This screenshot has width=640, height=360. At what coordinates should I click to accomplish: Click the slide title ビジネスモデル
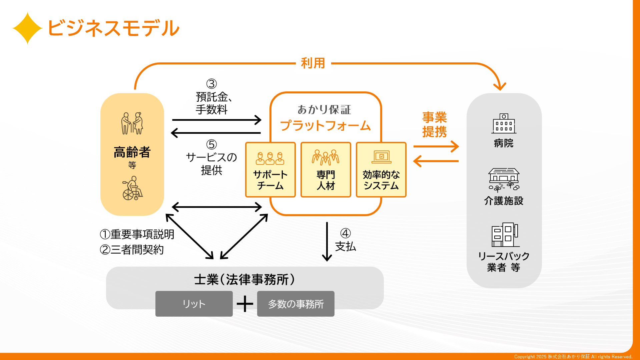113,28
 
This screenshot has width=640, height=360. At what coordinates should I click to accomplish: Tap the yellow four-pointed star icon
27,28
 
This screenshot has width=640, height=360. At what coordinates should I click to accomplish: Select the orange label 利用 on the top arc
313,63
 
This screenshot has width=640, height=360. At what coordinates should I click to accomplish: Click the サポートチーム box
270,170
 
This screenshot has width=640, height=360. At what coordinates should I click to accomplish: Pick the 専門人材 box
326,170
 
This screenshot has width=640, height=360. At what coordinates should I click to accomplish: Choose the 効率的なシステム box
381,170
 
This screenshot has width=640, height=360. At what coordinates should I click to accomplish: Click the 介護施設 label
504,201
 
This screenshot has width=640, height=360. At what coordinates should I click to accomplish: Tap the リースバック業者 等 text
504,262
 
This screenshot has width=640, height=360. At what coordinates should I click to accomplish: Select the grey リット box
194,304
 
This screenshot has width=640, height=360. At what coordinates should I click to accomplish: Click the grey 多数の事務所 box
295,304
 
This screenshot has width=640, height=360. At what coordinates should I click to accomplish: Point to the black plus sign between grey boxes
245,304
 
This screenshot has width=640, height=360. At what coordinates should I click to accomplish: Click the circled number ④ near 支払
346,233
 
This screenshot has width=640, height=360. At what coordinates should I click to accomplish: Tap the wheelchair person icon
132,189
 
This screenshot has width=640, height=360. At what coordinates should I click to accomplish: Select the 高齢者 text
132,152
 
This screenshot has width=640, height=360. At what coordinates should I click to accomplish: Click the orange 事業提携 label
434,124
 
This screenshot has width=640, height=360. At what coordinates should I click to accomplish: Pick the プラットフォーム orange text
325,126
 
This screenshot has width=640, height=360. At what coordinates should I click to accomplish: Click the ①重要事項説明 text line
137,234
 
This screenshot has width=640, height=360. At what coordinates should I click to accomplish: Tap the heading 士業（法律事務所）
244,280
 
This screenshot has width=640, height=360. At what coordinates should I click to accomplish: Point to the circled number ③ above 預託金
211,84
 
